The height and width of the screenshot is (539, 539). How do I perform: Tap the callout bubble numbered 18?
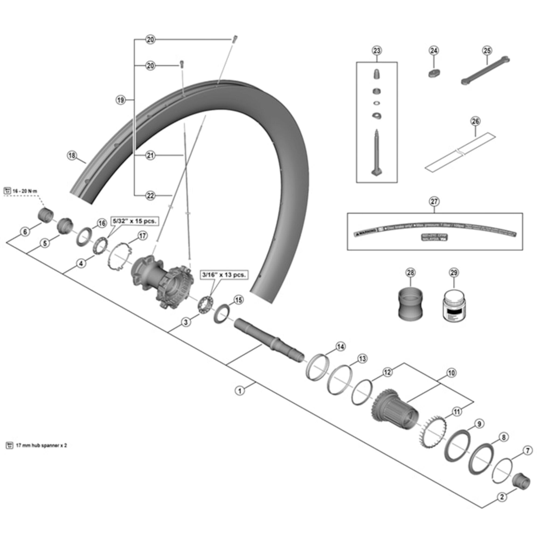point(72,156)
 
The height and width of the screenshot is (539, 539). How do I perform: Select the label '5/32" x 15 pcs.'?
point(135,221)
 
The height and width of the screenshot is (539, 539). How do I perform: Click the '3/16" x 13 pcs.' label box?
point(224,275)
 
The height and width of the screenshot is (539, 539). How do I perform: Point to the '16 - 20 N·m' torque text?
point(25,191)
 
